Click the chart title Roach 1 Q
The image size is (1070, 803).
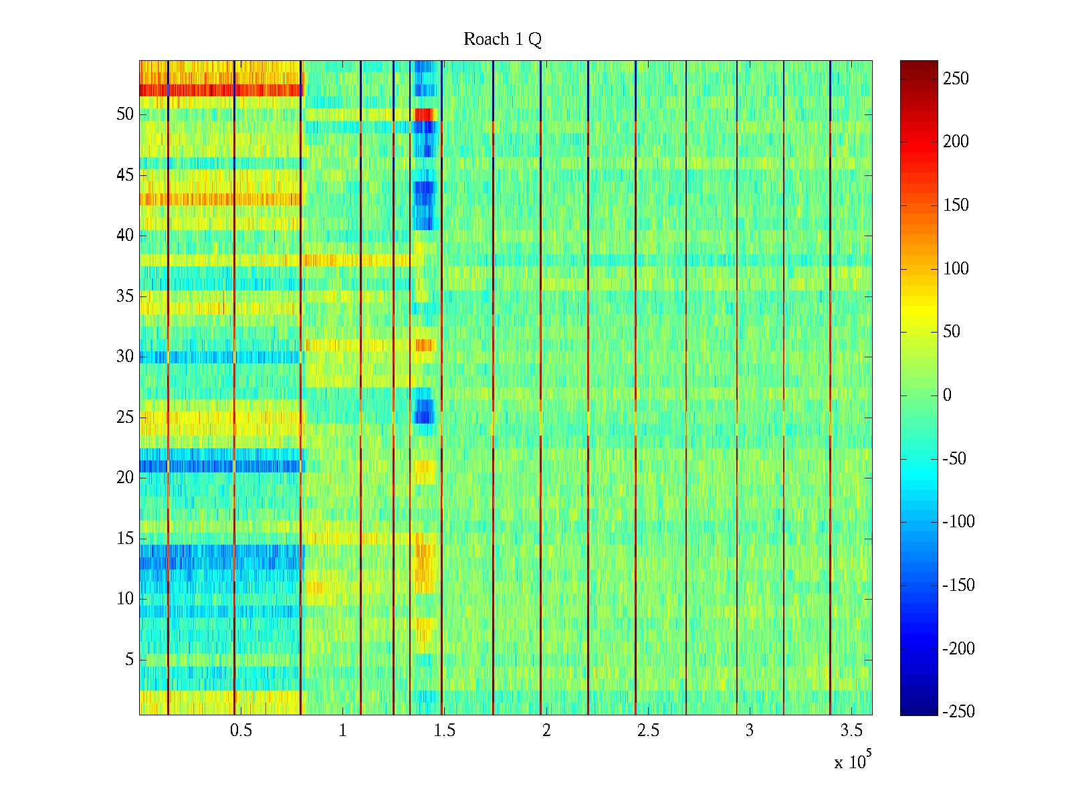pyautogui.click(x=502, y=39)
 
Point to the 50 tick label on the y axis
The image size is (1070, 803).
pyautogui.click(x=125, y=114)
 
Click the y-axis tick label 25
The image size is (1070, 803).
pyautogui.click(x=125, y=418)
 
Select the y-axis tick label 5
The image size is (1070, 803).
pyautogui.click(x=129, y=660)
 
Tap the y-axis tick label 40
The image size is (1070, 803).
pyautogui.click(x=125, y=236)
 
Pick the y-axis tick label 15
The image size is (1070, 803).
pyautogui.click(x=125, y=539)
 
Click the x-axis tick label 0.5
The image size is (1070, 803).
pyautogui.click(x=241, y=731)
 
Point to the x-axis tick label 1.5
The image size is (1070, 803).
pyautogui.click(x=444, y=731)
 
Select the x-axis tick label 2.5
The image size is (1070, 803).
pyautogui.click(x=647, y=731)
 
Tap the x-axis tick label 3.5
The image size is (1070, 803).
pyautogui.click(x=851, y=731)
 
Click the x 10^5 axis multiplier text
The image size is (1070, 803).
pyautogui.click(x=852, y=761)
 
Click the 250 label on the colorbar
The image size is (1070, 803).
pyautogui.click(x=956, y=79)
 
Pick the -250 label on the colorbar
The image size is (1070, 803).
pyautogui.click(x=958, y=712)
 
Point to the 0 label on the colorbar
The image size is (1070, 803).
pyautogui.click(x=947, y=395)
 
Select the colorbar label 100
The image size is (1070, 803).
pyautogui.click(x=956, y=269)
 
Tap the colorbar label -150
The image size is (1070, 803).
pyautogui.click(x=958, y=586)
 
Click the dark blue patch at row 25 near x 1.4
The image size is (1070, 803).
pyautogui.click(x=424, y=411)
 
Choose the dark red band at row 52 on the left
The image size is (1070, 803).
pyautogui.click(x=221, y=90)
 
